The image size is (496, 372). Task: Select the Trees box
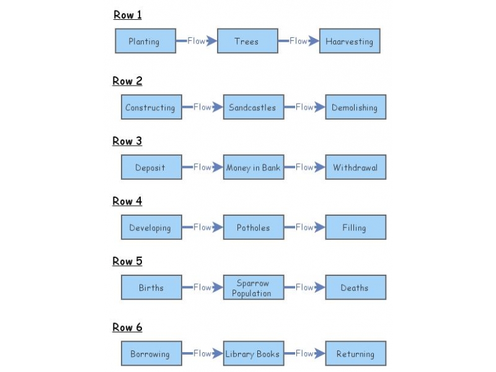(247, 42)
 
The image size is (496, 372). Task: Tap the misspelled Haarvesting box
(350, 42)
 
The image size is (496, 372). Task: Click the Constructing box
(151, 107)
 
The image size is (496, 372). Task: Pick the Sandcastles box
(253, 107)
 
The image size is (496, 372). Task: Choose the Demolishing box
(355, 107)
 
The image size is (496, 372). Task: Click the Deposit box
(151, 167)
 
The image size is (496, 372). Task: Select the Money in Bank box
(253, 167)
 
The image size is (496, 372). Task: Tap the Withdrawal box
(355, 167)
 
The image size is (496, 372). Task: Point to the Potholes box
(253, 228)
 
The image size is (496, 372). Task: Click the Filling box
(355, 228)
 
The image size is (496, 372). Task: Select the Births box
(151, 288)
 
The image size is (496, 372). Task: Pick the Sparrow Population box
(253, 288)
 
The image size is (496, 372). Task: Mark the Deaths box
(355, 288)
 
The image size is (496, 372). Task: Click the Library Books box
(253, 354)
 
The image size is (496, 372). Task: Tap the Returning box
(355, 354)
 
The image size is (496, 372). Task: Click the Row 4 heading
(127, 201)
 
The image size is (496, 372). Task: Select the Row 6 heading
(127, 327)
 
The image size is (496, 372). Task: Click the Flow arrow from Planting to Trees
(197, 41)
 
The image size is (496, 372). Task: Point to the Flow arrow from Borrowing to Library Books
(203, 353)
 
